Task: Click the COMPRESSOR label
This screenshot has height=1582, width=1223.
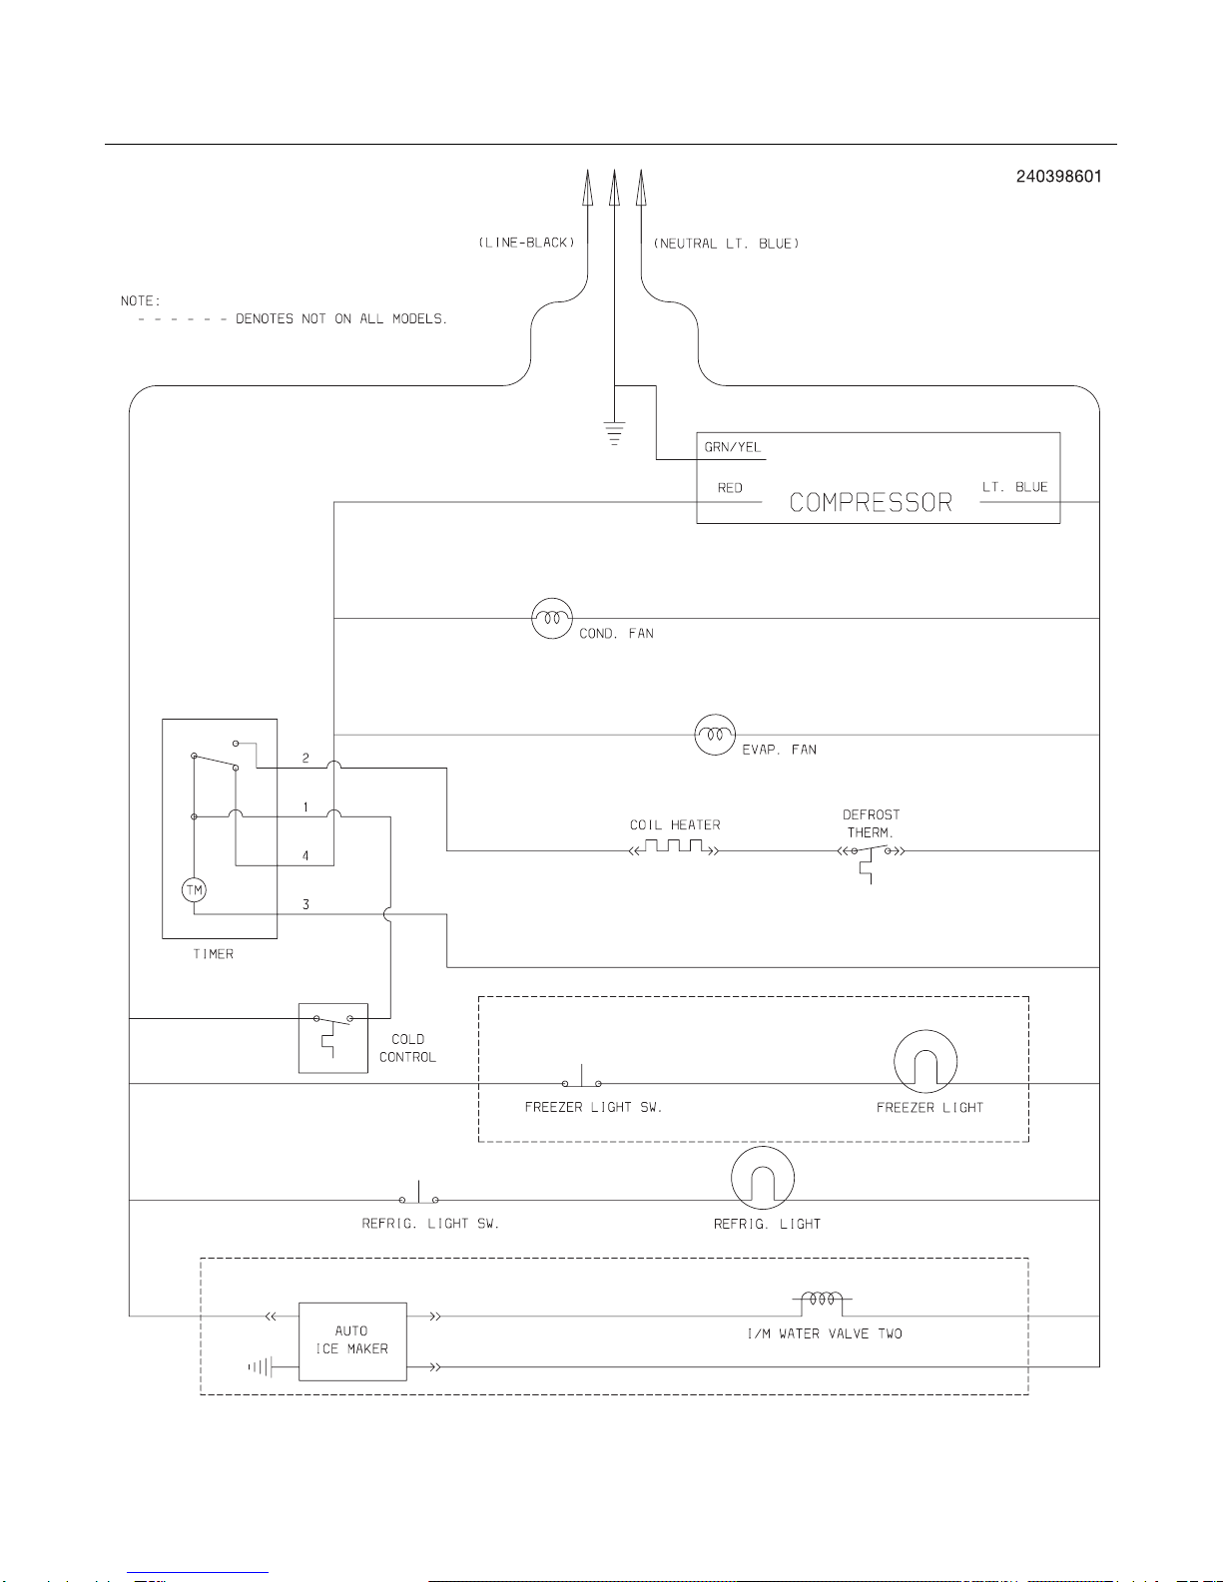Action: pos(871,502)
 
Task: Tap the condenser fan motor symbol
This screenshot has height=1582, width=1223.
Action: pos(552,618)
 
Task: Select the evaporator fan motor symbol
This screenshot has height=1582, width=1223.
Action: pos(715,735)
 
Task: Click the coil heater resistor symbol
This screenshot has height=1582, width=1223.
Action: pos(673,846)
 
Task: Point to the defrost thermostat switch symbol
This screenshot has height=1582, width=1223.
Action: pos(871,859)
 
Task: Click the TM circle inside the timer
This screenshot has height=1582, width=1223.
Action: pos(194,889)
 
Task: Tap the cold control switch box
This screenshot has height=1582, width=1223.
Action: pos(332,1038)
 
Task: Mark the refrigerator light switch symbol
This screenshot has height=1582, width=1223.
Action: pos(418,1193)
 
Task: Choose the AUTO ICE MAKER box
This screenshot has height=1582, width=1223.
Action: pos(352,1341)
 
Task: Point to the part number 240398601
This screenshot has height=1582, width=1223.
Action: pos(1058,177)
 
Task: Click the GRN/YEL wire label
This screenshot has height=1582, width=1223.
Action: pos(732,447)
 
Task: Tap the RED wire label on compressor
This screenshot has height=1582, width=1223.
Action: pos(730,488)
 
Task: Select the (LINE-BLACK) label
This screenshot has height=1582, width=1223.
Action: pos(526,243)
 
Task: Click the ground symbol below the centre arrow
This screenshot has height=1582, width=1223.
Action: pos(614,432)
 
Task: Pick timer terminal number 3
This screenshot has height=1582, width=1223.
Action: pos(306,904)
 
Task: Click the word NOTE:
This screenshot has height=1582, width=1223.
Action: pos(141,300)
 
